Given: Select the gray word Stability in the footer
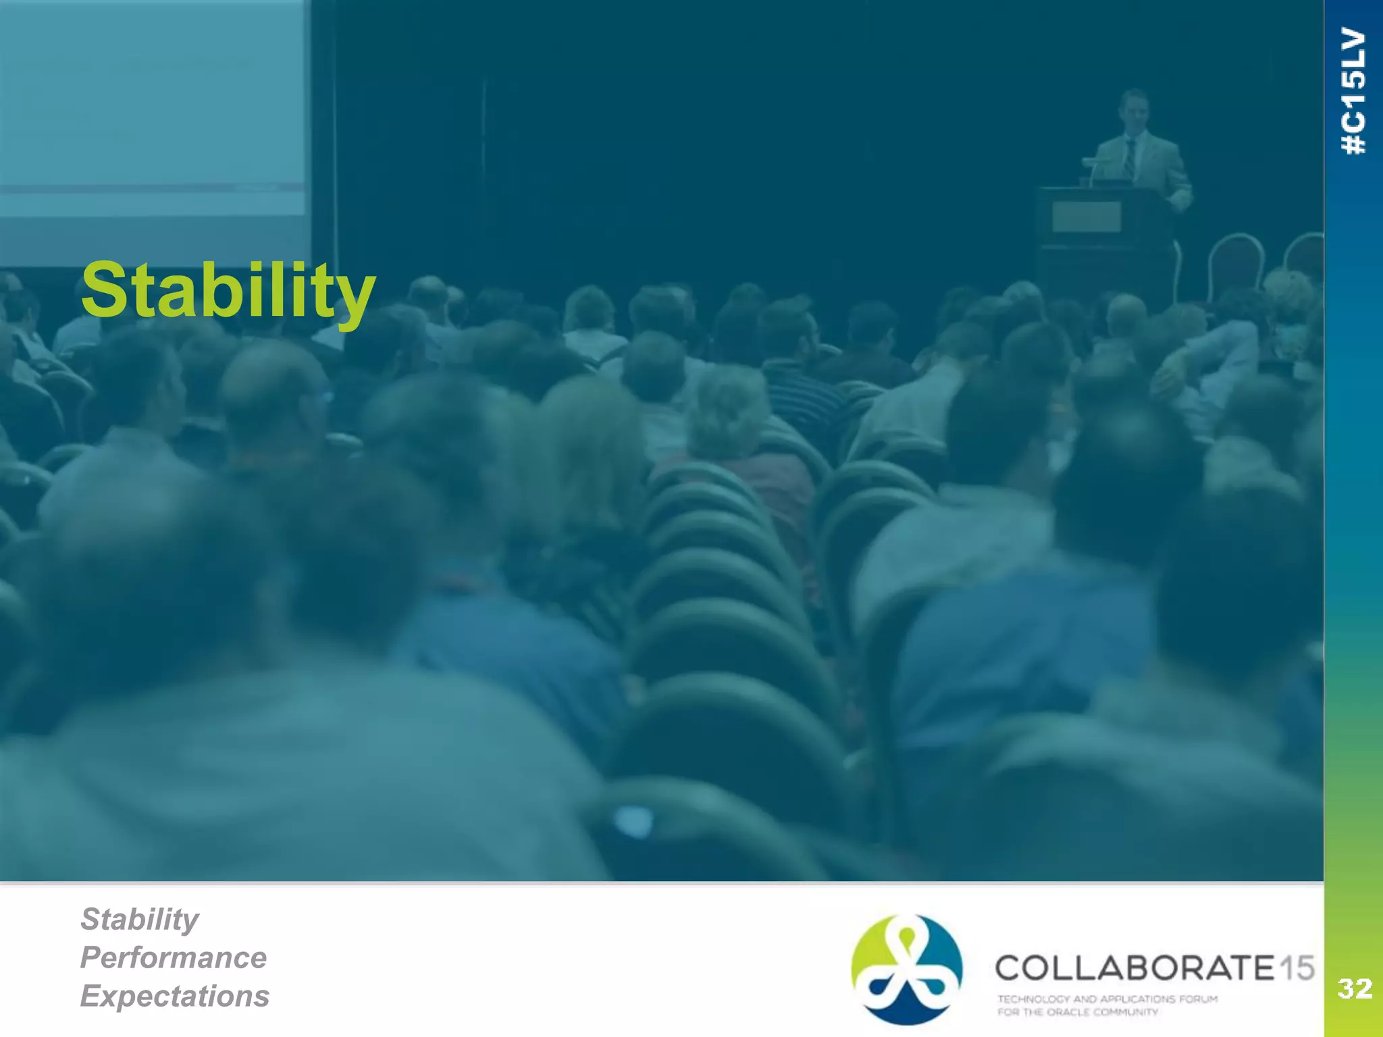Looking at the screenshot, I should [x=140, y=919].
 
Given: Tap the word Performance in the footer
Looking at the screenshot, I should [x=174, y=957].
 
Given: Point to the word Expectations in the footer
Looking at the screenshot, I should [x=175, y=996].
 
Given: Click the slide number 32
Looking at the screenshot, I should [x=1354, y=989].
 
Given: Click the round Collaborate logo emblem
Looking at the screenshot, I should [x=907, y=969].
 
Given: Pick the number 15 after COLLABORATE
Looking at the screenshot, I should [x=1297, y=968].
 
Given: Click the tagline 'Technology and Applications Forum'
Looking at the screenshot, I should [x=1107, y=999].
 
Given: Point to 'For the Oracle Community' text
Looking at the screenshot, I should [x=1078, y=1012].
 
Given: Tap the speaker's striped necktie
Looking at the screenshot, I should [x=1130, y=159].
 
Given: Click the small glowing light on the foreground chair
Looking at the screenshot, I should [x=633, y=821].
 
